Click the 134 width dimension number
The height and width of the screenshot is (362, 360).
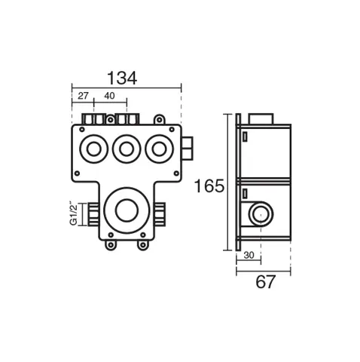pos(122,78)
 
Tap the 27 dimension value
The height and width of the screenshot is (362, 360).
pos(83,96)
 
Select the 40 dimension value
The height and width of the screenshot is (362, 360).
pos(109,96)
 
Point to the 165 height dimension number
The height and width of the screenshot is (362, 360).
pos(209,186)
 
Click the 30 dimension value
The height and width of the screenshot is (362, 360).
pos(249,255)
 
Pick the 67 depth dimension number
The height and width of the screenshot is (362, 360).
pos(266,282)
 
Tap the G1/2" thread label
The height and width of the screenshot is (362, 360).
pos(73,213)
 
